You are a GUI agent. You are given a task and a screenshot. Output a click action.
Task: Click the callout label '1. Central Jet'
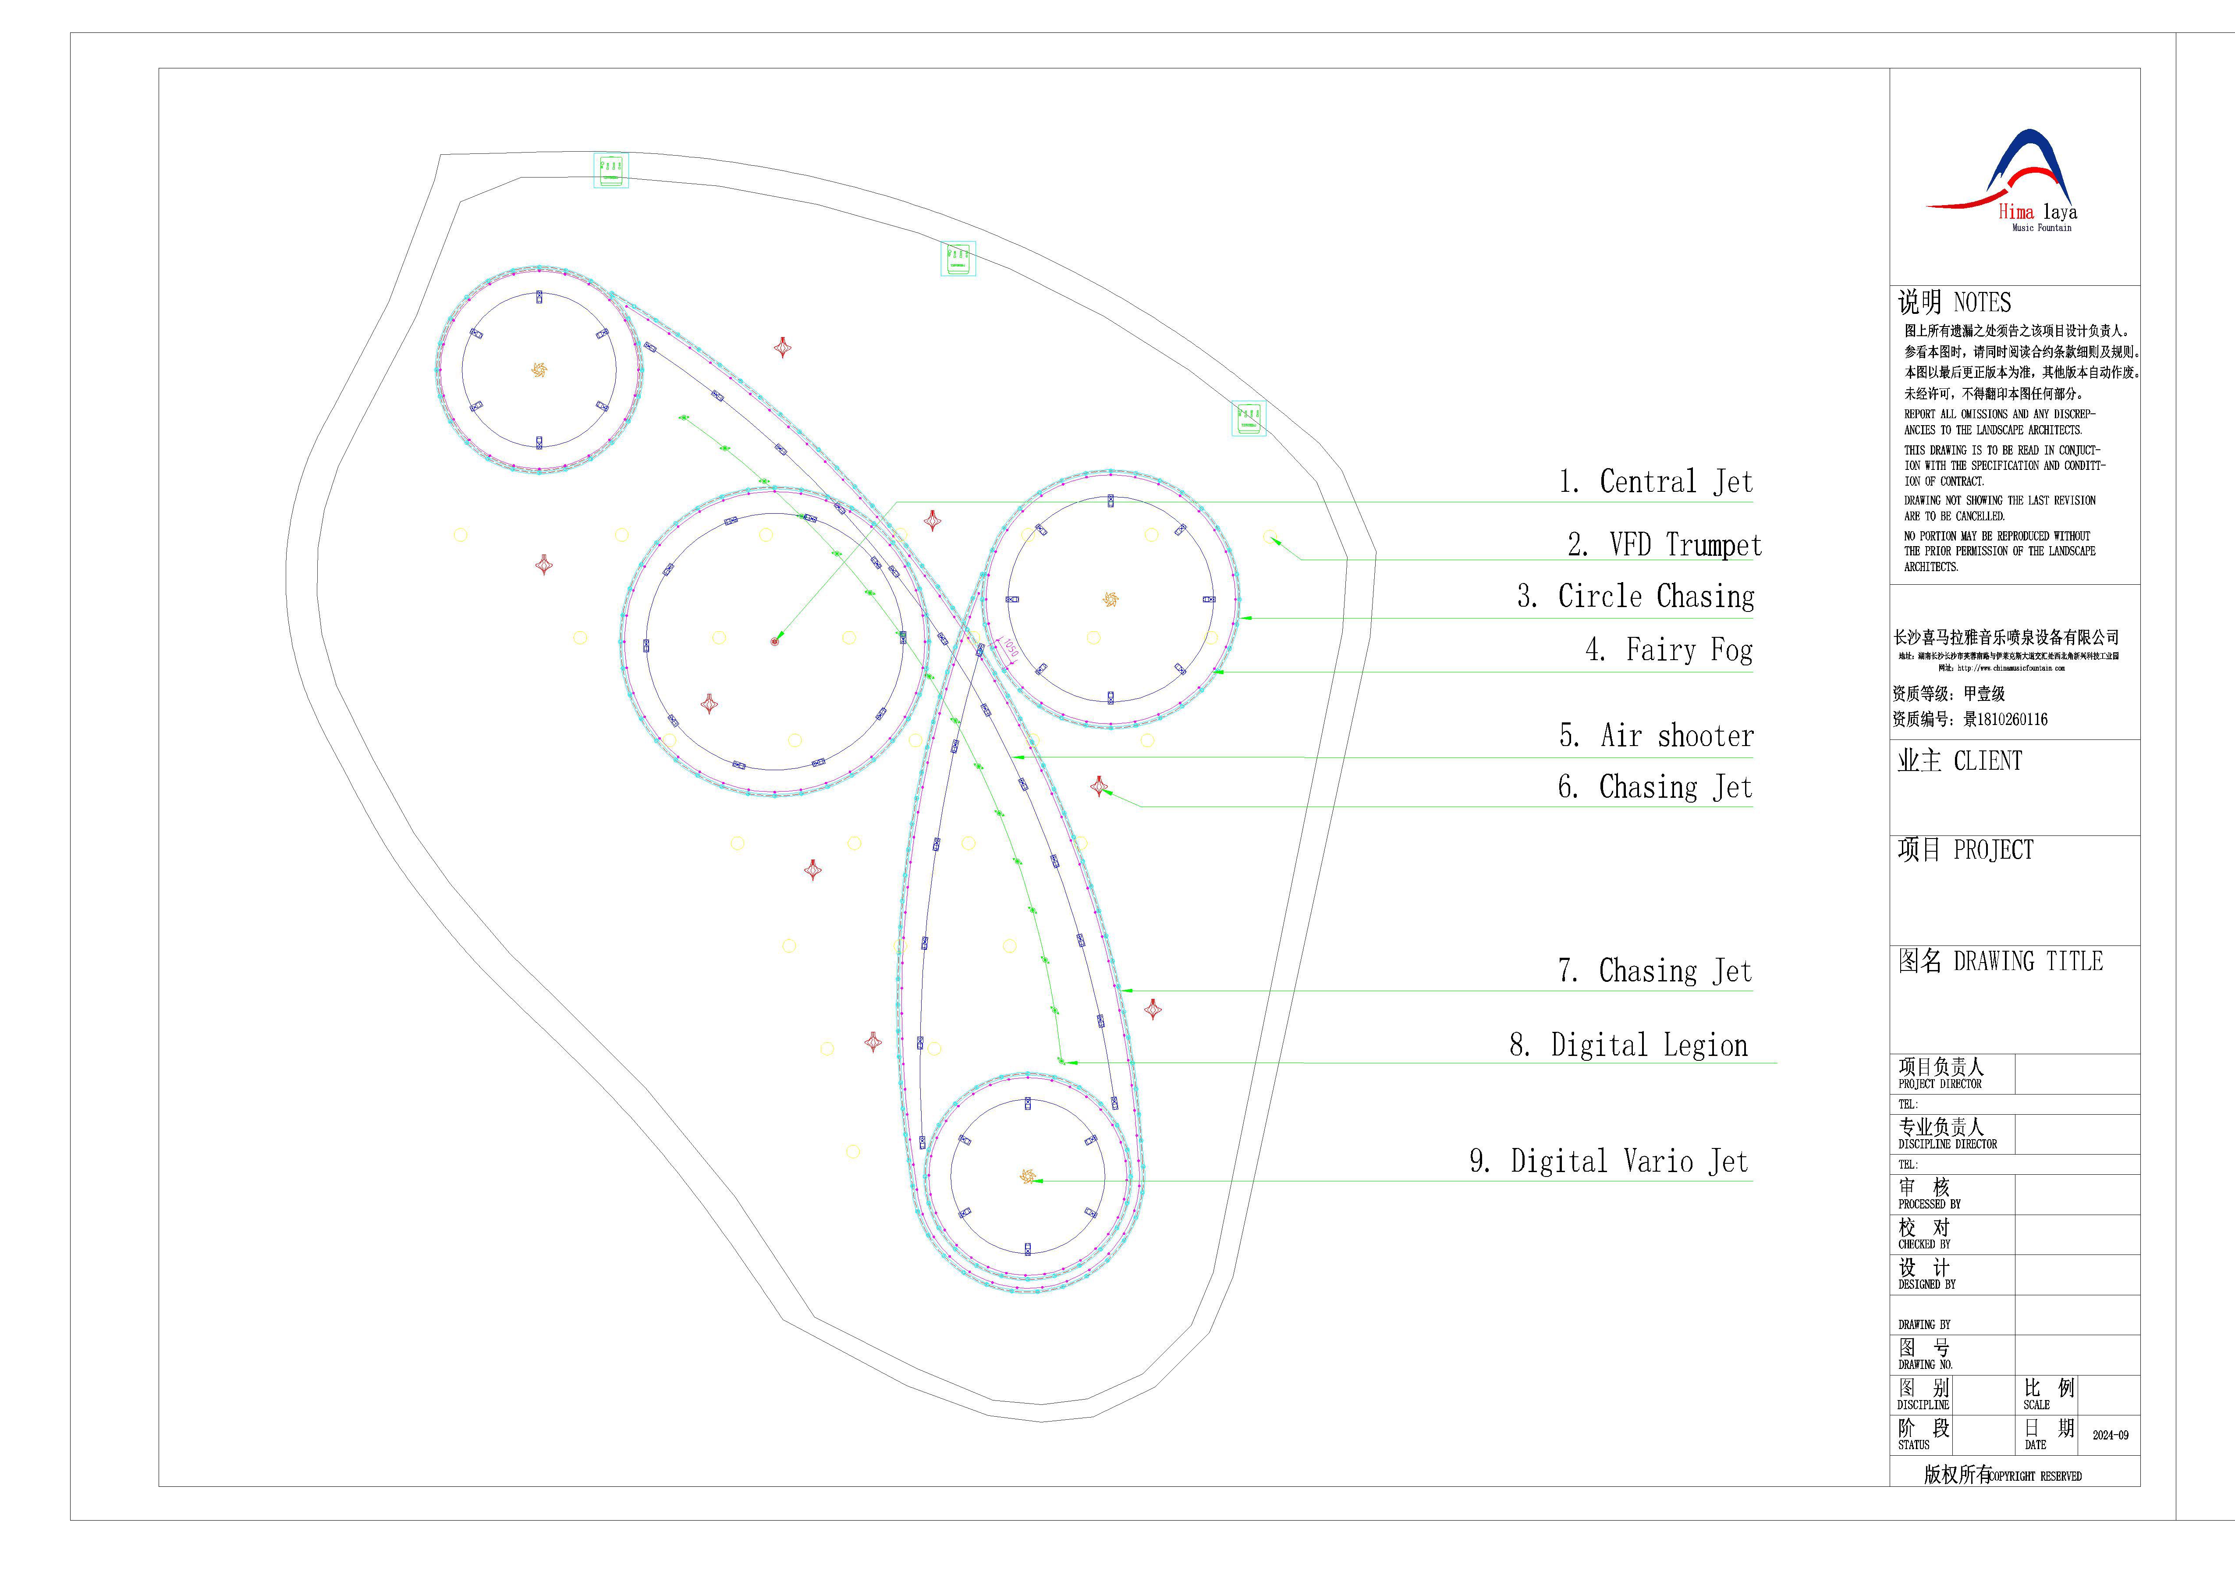(x=1655, y=482)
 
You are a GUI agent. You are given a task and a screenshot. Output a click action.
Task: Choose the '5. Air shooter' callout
(x=1656, y=736)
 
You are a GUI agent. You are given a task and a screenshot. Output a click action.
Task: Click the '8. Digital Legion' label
(x=1628, y=1045)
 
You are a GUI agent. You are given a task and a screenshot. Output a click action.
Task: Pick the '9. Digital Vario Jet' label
(x=1608, y=1161)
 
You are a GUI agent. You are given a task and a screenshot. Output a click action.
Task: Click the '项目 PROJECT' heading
(x=1964, y=850)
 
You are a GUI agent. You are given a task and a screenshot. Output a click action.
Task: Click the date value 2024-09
(x=2111, y=1435)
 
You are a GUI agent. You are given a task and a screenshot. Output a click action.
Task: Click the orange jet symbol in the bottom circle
(x=1027, y=1177)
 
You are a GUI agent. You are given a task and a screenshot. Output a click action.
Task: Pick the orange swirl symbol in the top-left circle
(x=538, y=370)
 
